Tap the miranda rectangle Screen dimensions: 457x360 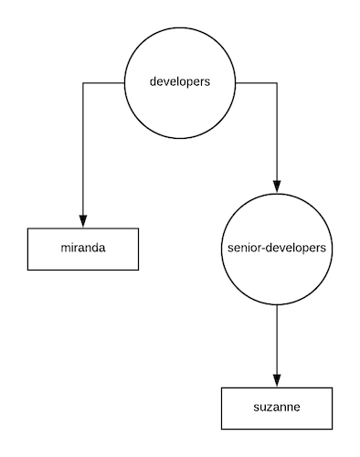coord(83,249)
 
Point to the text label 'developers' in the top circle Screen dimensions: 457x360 coord(180,82)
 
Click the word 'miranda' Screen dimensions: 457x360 coord(83,249)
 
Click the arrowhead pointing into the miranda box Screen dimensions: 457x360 coord(83,220)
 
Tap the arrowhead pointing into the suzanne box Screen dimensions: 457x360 coord(276,380)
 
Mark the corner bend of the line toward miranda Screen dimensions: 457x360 coord(83,82)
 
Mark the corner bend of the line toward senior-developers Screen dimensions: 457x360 coord(276,82)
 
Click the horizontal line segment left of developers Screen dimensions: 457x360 coord(103,82)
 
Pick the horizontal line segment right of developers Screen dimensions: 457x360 coord(256,82)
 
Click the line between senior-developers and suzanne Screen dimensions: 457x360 coord(276,343)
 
